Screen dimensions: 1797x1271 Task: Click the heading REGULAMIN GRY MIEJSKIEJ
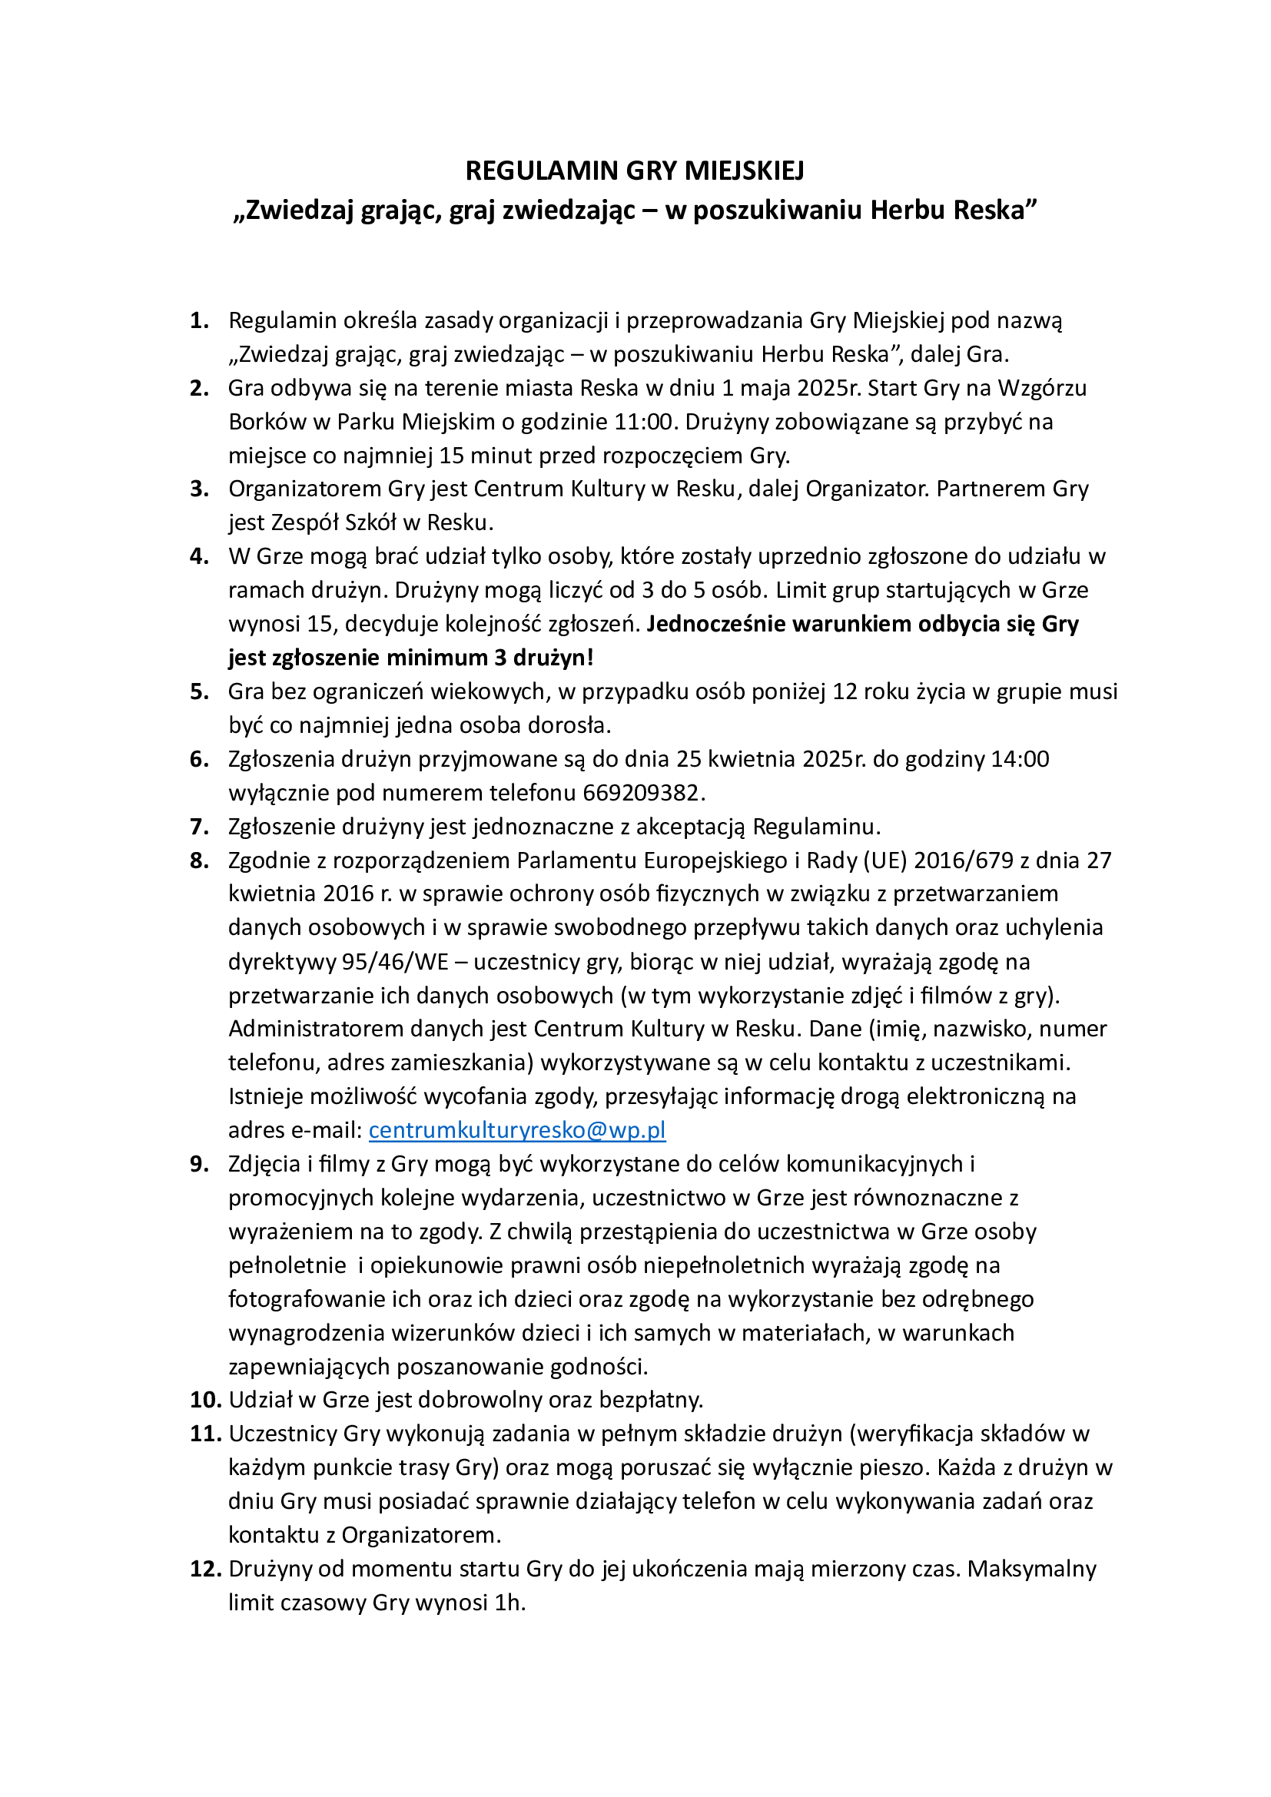pyautogui.click(x=635, y=171)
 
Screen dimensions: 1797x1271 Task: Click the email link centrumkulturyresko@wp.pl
pyautogui.click(x=516, y=1130)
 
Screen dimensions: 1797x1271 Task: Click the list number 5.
pyautogui.click(x=199, y=692)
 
